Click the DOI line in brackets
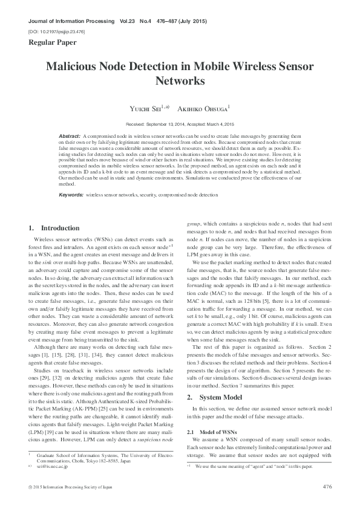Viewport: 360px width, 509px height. pyautogui.click(x=56, y=30)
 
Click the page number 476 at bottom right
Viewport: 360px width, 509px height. pyautogui.click(x=327, y=487)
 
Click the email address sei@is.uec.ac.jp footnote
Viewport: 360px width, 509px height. pyautogui.click(x=53, y=467)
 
